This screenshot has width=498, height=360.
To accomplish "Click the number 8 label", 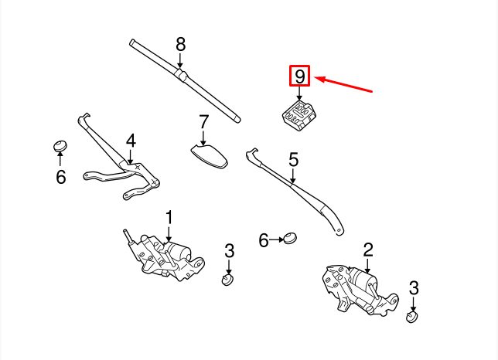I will pos(181,43).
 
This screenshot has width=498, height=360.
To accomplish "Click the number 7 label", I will pos(203,122).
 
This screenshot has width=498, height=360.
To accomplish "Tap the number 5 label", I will pos(293,160).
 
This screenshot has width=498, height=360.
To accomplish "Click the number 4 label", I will pos(131,141).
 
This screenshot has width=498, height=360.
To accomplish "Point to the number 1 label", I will pos(169,217).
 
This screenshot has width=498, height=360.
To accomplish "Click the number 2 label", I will pos(368,249).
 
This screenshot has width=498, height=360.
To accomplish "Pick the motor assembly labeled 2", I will pos(357,289).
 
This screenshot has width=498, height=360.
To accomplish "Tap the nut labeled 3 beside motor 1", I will pos(227,279).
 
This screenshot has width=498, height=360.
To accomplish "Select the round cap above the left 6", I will pos(60,146).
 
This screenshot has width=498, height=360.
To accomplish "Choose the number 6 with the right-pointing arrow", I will pos(264,241).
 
